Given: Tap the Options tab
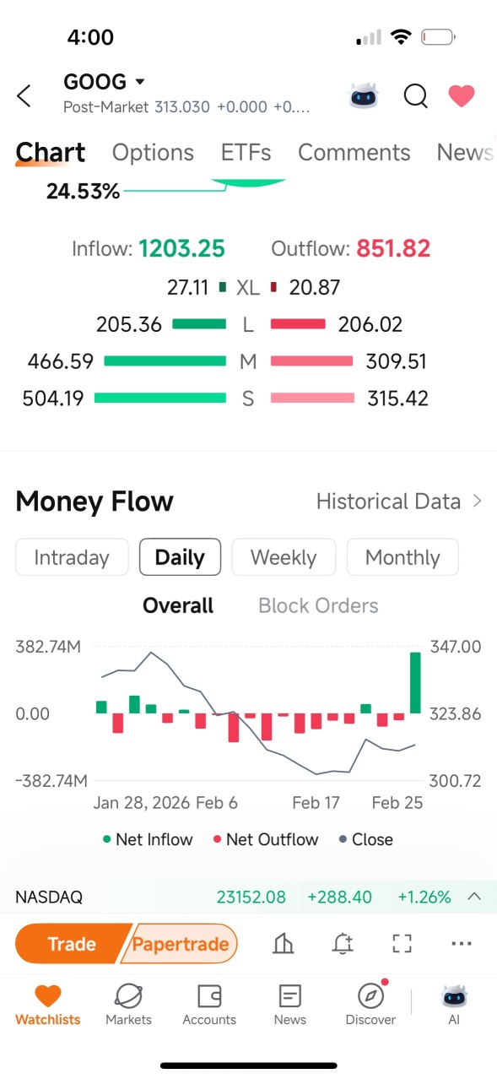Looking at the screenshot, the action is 153,153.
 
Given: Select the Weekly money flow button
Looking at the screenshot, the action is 284,557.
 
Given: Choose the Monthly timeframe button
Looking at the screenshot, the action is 402,557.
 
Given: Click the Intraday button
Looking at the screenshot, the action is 72,557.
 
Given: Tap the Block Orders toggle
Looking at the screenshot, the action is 318,605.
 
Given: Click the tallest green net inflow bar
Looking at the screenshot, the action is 415,682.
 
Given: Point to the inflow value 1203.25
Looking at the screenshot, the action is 181,248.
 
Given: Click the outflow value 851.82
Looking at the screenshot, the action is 393,248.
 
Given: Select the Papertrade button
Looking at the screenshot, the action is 180,944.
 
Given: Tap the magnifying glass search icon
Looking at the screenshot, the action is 416,95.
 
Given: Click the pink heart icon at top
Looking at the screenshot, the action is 462,95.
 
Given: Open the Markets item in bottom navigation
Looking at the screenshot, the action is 128,1005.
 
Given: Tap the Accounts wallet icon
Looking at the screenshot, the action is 209,995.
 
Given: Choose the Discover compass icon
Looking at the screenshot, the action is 370,995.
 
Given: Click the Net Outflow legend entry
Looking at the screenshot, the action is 266,839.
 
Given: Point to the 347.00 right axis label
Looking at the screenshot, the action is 456,647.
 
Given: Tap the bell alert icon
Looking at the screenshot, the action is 343,943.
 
